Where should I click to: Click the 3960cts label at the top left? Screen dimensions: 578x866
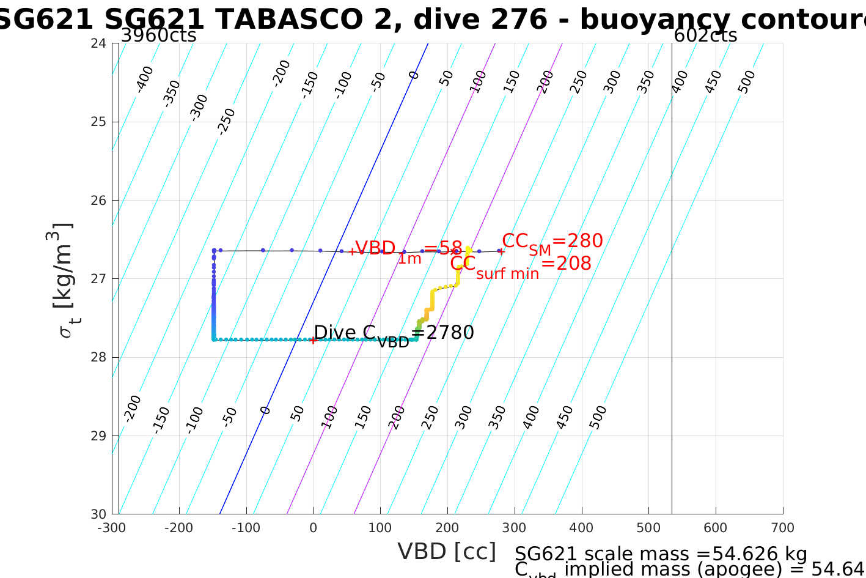coord(158,35)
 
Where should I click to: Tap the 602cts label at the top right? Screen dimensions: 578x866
coord(705,35)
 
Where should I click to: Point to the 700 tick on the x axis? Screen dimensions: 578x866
coord(783,528)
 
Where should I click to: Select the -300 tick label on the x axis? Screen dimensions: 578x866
coord(112,528)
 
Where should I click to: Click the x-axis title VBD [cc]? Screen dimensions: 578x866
coord(447,552)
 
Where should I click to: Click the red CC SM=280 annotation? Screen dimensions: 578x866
coord(552,242)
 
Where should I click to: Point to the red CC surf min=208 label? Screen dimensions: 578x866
coord(521,265)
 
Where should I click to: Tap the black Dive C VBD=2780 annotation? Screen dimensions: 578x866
coord(394,334)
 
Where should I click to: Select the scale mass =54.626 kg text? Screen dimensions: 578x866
coord(661,554)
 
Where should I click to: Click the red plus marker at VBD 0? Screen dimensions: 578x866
coord(314,340)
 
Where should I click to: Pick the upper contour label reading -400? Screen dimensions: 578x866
coord(144,79)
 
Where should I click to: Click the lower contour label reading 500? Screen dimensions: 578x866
coord(598,418)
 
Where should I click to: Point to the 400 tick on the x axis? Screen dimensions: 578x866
coord(582,528)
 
